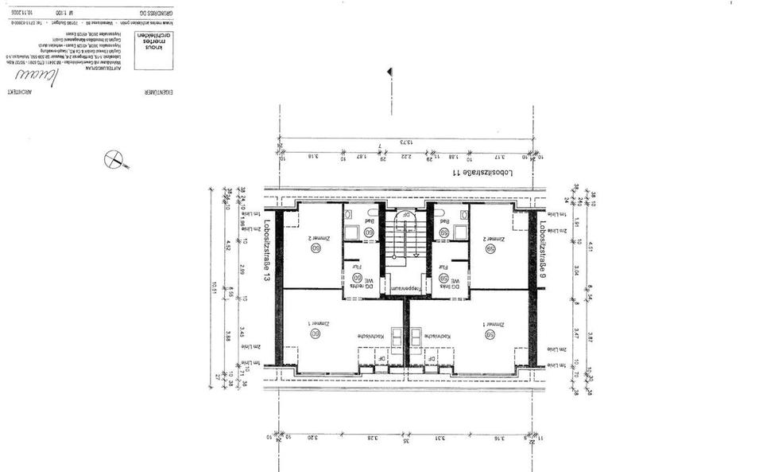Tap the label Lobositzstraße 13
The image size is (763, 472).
coord(267,252)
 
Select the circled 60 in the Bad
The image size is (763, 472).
coord(370,233)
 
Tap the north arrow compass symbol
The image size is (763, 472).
coord(117,159)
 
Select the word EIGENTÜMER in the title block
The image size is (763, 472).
coord(147,92)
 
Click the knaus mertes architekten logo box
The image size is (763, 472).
coord(154,41)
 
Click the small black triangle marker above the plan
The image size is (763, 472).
coord(389,72)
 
